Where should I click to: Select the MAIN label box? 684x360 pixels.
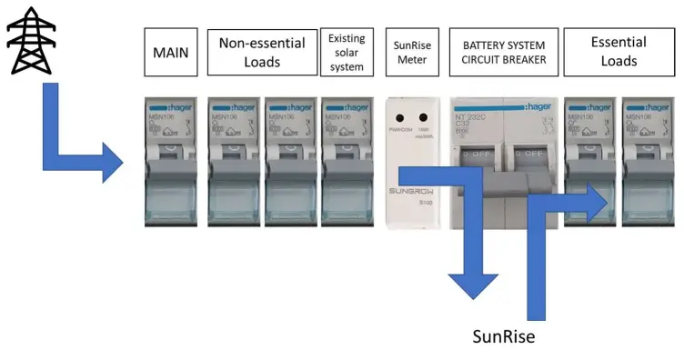(171, 52)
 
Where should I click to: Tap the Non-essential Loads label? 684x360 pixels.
(262, 52)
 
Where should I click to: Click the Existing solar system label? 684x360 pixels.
(347, 52)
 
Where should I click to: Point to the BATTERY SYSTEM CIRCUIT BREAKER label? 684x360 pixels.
(503, 52)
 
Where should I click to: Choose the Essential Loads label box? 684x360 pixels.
(619, 52)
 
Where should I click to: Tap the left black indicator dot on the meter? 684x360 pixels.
(399, 118)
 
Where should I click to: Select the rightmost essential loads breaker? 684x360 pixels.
(647, 162)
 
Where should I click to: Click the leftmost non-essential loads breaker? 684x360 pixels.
(234, 162)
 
